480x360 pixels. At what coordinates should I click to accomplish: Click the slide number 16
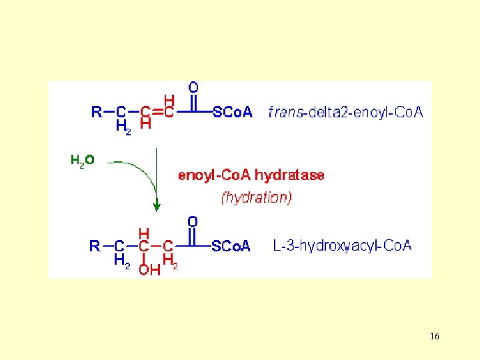tap(435, 337)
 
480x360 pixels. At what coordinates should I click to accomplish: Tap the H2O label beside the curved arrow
tap(83, 160)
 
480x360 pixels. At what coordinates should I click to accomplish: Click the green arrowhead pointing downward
tap(157, 206)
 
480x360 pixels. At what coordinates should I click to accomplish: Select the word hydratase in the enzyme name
tap(290, 175)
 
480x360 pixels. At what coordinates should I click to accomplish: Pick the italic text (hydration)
tap(256, 197)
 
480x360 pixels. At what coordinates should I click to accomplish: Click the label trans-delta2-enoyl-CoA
tap(345, 112)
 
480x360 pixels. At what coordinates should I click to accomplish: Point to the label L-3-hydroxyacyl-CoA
tap(342, 246)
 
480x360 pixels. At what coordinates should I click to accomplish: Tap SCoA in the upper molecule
tap(233, 112)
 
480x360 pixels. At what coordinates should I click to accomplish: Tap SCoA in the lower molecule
tap(231, 247)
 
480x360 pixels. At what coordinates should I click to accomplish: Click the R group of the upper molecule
tap(97, 112)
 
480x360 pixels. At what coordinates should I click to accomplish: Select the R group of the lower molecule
tap(95, 246)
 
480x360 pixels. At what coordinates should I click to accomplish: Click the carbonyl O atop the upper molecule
tap(193, 87)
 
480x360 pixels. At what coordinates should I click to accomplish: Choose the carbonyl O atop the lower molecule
tap(193, 221)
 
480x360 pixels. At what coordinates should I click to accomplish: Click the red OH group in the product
tap(149, 269)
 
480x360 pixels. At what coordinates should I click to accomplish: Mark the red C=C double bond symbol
tap(157, 112)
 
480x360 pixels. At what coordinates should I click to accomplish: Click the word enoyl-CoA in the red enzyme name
tap(215, 175)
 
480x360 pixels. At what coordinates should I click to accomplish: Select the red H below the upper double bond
tap(145, 124)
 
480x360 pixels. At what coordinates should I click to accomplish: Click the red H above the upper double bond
tap(169, 100)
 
